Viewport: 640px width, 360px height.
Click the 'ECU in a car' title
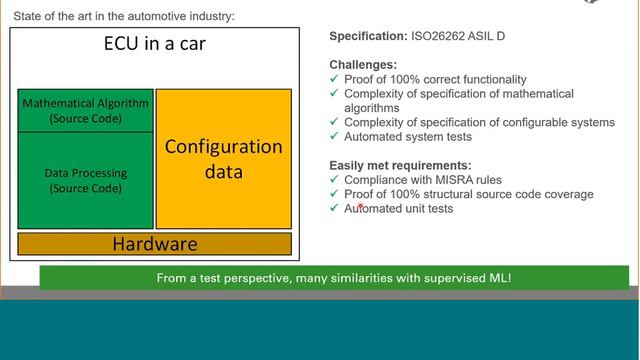(x=155, y=44)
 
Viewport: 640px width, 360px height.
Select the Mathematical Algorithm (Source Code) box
(x=85, y=110)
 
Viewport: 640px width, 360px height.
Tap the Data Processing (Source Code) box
(x=85, y=180)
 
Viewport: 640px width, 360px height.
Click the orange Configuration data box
(x=223, y=159)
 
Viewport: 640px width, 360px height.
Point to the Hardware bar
(x=154, y=243)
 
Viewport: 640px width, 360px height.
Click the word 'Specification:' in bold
(x=367, y=37)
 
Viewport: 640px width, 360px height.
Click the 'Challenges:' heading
(x=363, y=65)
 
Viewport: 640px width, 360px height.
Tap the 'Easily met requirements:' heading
(x=400, y=165)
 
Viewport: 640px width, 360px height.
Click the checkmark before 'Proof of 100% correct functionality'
(x=335, y=79)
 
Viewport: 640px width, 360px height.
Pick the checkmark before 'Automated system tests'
(x=335, y=137)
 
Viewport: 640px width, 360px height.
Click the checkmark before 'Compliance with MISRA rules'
(x=335, y=179)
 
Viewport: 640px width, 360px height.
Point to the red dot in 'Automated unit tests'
(x=360, y=205)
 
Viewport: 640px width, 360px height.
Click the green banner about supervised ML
(x=333, y=277)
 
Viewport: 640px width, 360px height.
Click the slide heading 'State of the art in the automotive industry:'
(x=121, y=15)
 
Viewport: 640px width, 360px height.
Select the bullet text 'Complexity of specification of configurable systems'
(x=479, y=122)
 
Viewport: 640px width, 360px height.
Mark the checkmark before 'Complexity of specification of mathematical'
(x=335, y=94)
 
